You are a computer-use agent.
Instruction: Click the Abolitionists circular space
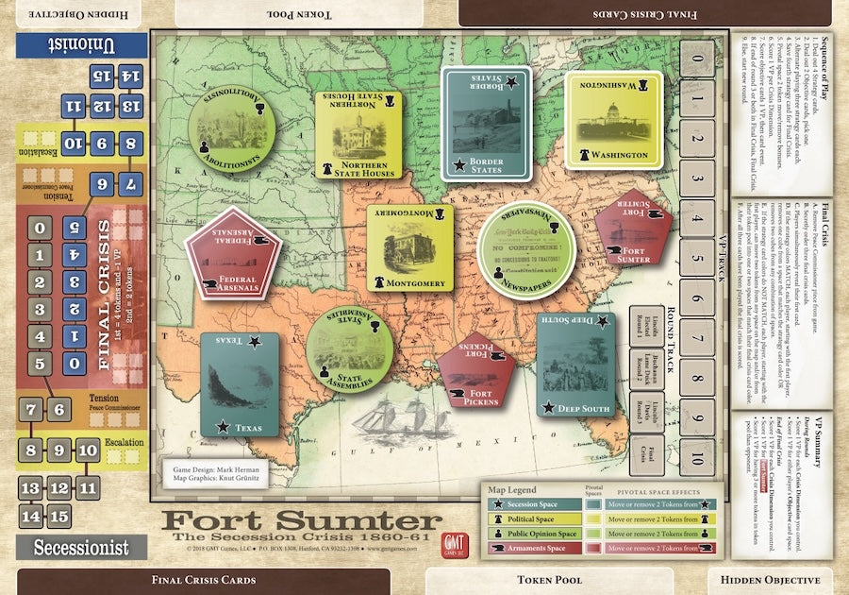coord(232,133)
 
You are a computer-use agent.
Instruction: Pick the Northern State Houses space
coord(358,135)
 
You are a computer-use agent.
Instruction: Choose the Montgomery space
coord(409,248)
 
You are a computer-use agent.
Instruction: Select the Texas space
coord(240,384)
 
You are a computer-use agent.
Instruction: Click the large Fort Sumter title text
coord(302,521)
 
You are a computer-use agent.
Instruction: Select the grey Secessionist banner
coord(81,546)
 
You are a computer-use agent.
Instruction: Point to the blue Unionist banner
coord(80,44)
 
